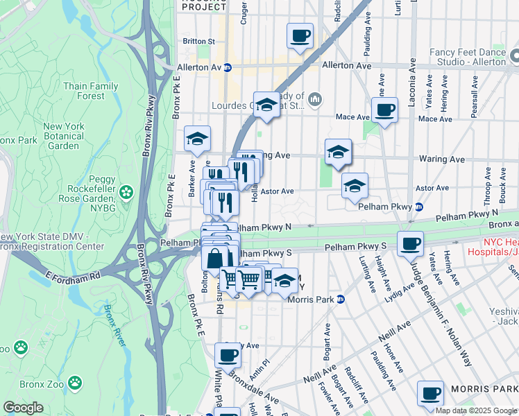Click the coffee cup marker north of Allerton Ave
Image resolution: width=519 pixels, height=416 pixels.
pyautogui.click(x=300, y=36)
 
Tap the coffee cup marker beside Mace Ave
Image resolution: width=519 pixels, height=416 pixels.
pyautogui.click(x=384, y=110)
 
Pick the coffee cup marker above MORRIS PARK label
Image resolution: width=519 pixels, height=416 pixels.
pyautogui.click(x=431, y=393)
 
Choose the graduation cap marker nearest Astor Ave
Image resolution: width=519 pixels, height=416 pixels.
pyautogui.click(x=355, y=186)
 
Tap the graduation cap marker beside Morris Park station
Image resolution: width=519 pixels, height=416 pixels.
pyautogui.click(x=284, y=281)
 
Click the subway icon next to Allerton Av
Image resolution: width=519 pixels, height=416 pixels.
pyautogui.click(x=228, y=67)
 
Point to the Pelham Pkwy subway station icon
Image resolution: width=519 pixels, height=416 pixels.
pyautogui.click(x=418, y=207)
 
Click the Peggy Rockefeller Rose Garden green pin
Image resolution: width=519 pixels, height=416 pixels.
pyautogui.click(x=126, y=191)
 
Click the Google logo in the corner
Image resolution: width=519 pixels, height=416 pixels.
pyautogui.click(x=24, y=408)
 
